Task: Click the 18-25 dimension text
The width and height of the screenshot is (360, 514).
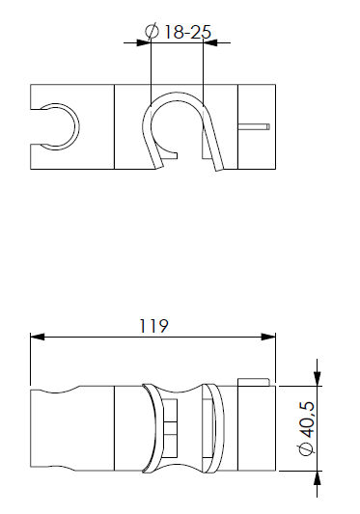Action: pos(188,32)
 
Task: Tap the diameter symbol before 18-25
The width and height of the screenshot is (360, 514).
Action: pos(152,32)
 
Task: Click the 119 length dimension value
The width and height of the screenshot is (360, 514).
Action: pos(153,325)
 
